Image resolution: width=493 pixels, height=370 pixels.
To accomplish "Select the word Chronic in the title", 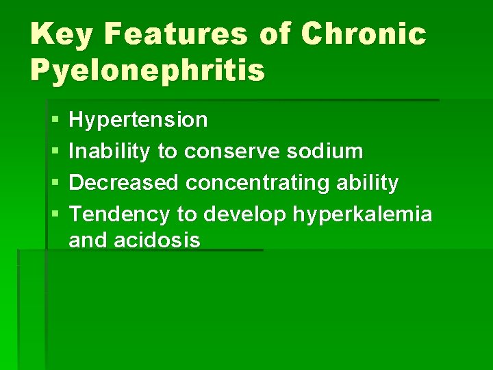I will point(363,34).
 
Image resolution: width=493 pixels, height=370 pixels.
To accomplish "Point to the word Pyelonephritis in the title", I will point(147,69).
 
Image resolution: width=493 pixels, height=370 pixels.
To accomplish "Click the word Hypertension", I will point(138,121).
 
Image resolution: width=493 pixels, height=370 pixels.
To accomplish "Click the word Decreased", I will point(125,183).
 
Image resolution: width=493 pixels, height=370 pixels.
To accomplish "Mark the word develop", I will point(244,214).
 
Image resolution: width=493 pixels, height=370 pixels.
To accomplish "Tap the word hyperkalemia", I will point(363,214).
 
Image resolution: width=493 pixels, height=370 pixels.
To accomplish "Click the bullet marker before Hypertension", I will point(54,121).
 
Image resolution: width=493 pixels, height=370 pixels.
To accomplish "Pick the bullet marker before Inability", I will point(54,152).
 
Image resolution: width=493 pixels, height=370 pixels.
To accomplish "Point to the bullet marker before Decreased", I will point(54,184).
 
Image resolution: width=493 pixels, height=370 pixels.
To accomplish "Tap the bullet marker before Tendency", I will point(54,215).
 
